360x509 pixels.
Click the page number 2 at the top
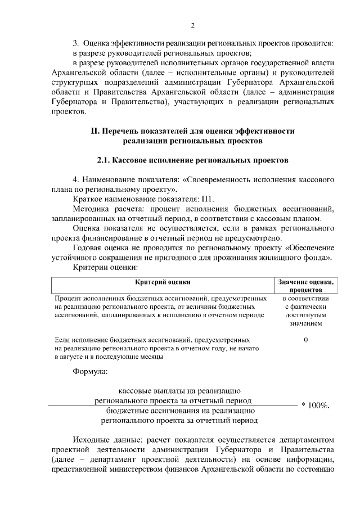tap(192, 26)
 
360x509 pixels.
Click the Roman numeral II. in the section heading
tap(96, 130)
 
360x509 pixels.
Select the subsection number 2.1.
tap(103, 160)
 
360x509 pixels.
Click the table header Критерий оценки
tap(163, 281)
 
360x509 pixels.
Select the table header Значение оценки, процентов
tap(305, 285)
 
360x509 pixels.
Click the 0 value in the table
tap(305, 340)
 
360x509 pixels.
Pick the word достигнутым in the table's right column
tap(305, 315)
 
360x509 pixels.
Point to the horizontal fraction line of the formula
tap(169, 405)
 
